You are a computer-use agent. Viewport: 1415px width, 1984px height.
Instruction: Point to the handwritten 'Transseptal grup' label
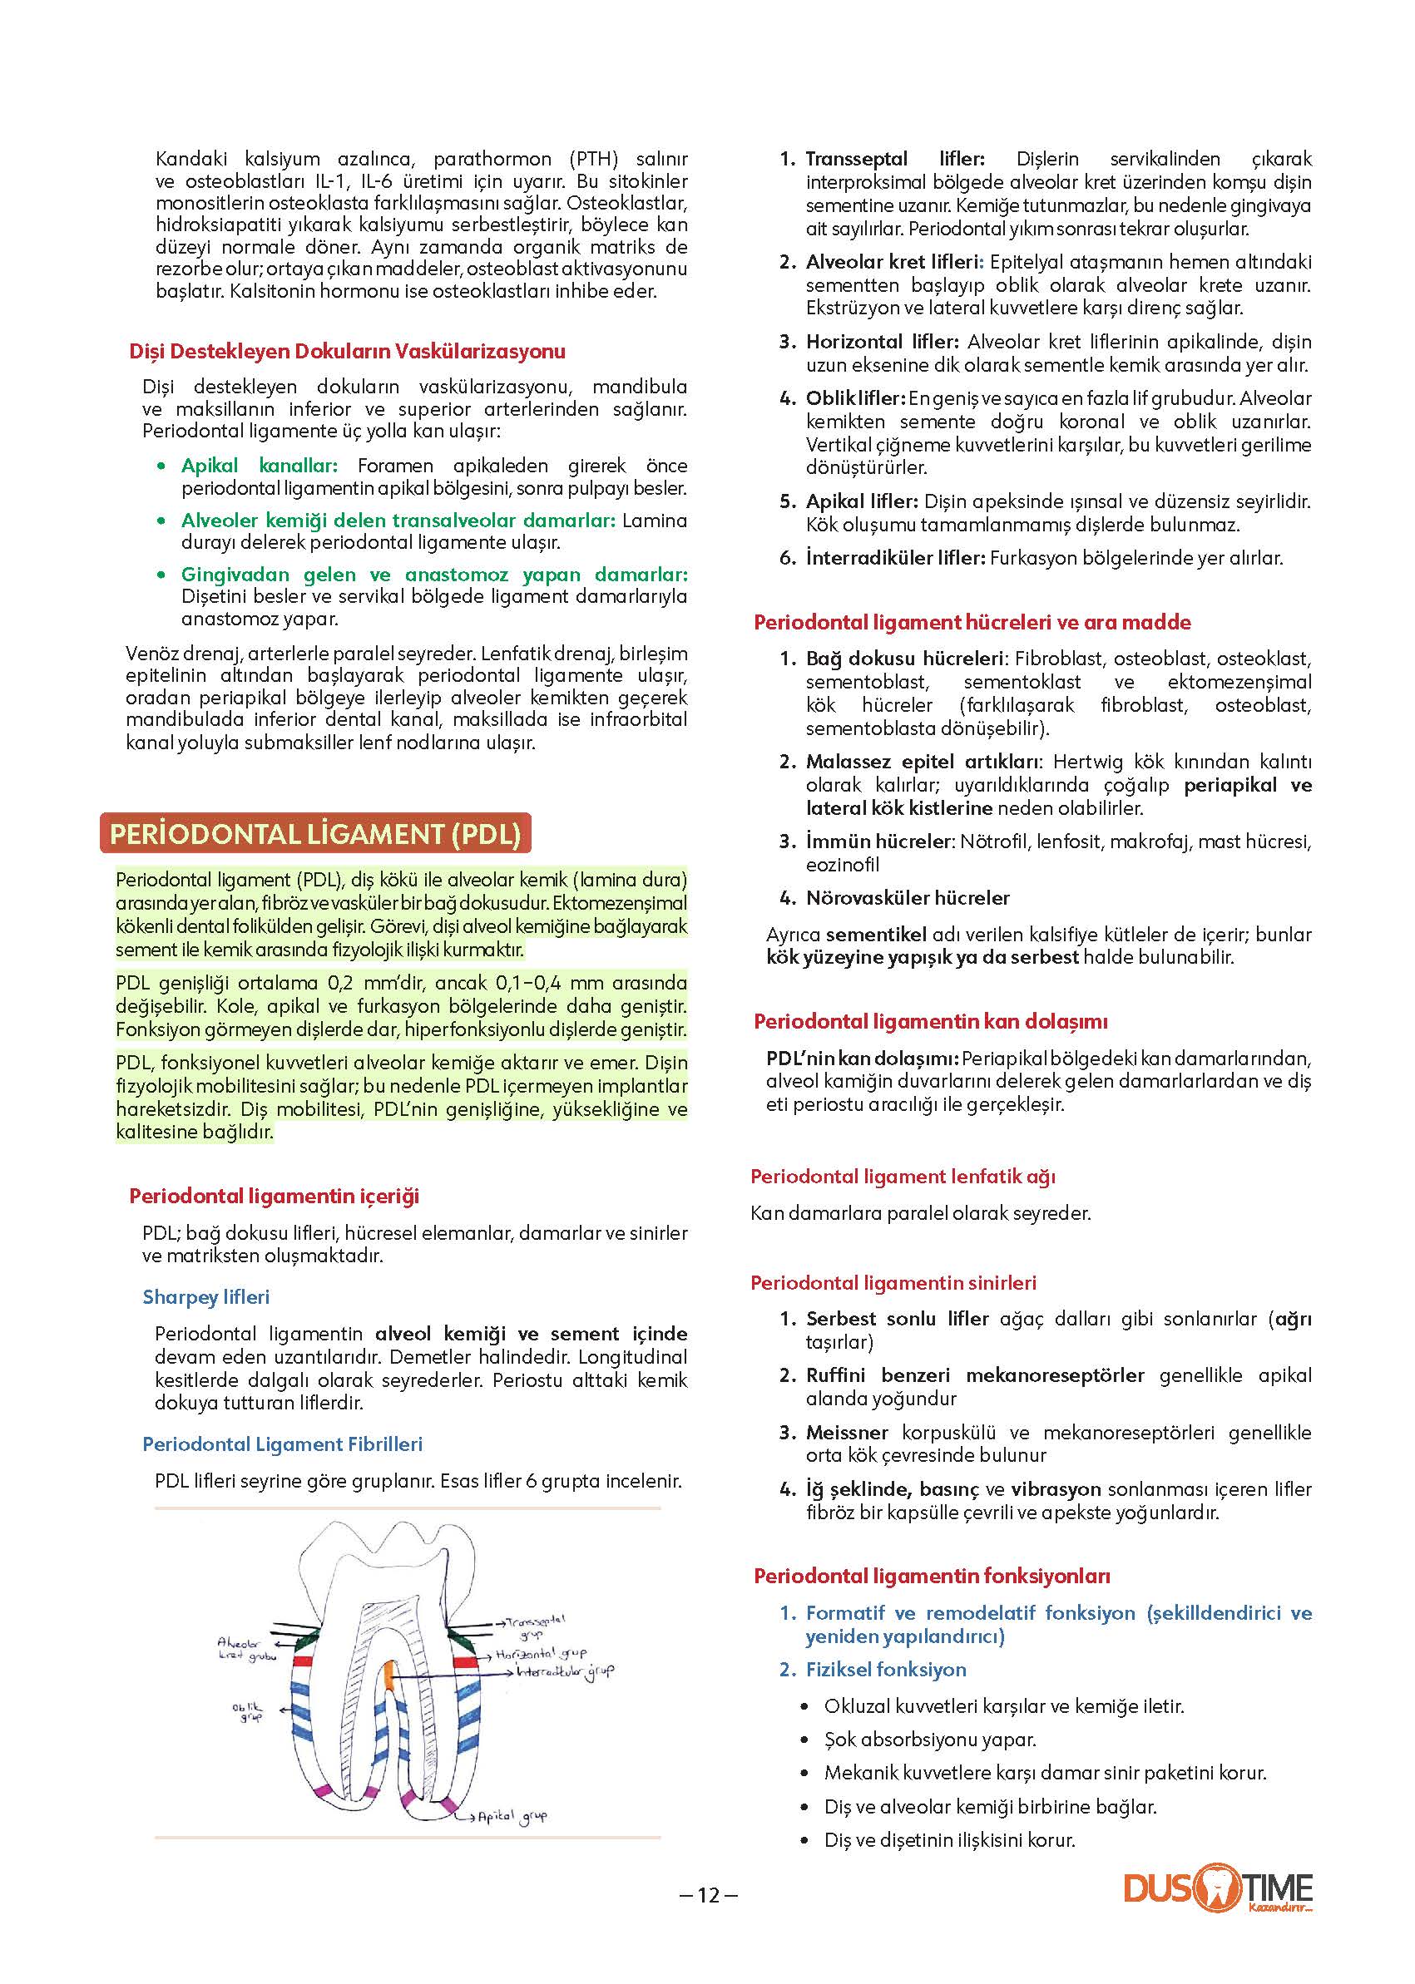coord(533,1625)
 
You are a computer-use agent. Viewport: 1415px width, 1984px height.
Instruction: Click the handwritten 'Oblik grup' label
coord(247,1711)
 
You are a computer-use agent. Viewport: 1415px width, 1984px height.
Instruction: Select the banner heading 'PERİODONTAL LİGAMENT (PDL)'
coord(315,833)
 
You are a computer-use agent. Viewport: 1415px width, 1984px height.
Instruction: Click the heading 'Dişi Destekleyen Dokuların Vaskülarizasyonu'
coord(347,351)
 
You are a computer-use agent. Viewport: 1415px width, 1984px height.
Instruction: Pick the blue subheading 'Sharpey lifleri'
coord(205,1297)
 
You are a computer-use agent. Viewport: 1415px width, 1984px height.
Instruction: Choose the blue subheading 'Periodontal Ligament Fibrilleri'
coord(282,1444)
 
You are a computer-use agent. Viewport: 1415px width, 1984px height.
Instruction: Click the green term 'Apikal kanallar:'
coord(259,465)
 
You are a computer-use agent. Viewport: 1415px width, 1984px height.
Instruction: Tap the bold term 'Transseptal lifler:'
coord(895,159)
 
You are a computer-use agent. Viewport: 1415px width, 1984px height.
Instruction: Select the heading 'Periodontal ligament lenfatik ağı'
coord(903,1177)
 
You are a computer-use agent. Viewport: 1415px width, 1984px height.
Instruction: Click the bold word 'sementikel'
coord(876,935)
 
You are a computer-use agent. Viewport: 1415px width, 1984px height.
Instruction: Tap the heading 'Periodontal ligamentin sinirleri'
coord(893,1283)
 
